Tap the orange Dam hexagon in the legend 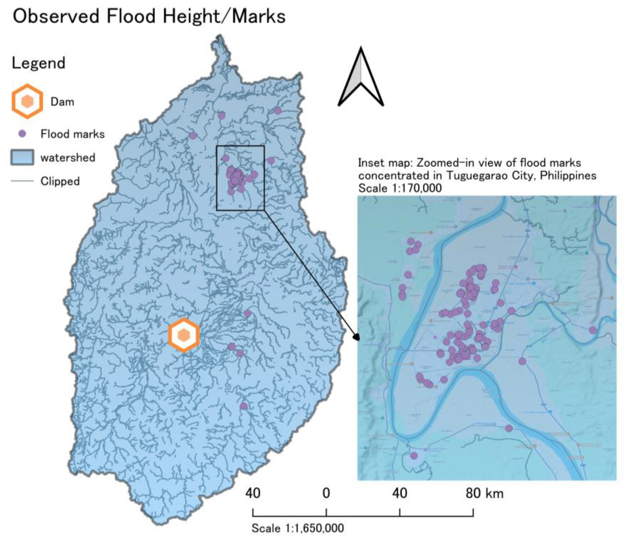[27, 101]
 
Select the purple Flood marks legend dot [22, 134]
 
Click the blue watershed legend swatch [22, 157]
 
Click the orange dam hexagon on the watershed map [184, 335]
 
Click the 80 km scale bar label [484, 494]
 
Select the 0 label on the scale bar [326, 494]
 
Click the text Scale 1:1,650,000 [298, 528]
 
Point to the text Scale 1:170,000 [400, 188]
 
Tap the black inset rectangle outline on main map [217, 178]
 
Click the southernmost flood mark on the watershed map [244, 406]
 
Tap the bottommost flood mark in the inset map [414, 456]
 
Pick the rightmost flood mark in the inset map [593, 330]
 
